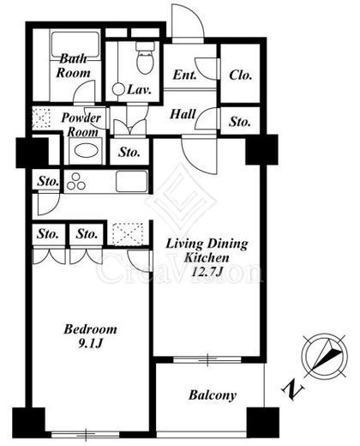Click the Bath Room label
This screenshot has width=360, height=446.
click(x=73, y=66)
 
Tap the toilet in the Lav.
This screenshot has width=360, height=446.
click(x=145, y=58)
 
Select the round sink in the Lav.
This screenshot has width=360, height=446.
click(x=118, y=89)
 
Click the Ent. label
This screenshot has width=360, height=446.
click(x=185, y=75)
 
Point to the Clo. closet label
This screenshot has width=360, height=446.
click(x=241, y=75)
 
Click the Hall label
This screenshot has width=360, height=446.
click(x=183, y=114)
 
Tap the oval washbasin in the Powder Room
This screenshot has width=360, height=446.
click(x=86, y=150)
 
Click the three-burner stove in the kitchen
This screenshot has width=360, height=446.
click(x=76, y=182)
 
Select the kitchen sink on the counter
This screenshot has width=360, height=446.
click(x=132, y=181)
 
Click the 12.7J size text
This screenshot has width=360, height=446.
click(x=207, y=271)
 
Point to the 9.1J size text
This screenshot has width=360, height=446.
click(x=90, y=343)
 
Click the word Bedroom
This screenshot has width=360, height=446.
click(x=90, y=329)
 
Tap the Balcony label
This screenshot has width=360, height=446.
click(x=213, y=395)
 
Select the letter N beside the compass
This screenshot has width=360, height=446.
click(x=293, y=389)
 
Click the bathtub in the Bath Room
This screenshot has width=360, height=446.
click(x=75, y=45)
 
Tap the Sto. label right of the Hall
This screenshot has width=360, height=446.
click(x=240, y=122)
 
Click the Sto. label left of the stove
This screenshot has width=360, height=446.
click(x=48, y=181)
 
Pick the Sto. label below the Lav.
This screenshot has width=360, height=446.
click(x=129, y=153)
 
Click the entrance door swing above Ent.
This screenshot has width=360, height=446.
click(x=188, y=21)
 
